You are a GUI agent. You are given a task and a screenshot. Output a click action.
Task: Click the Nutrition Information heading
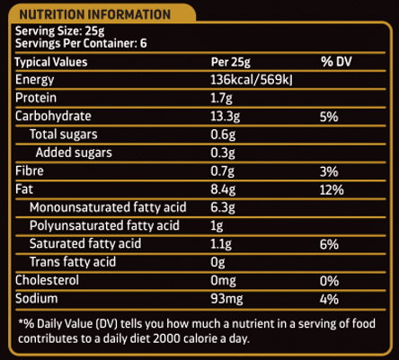(94, 14)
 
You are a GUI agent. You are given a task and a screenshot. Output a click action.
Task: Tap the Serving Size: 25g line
(60, 31)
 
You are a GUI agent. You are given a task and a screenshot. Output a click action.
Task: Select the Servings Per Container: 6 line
(81, 43)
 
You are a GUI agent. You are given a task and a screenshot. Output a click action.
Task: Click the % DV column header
(336, 62)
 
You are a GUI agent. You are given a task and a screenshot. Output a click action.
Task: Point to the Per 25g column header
(231, 62)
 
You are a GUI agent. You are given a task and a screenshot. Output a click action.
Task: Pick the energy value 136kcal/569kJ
(252, 80)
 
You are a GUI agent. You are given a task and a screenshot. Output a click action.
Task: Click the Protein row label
(36, 98)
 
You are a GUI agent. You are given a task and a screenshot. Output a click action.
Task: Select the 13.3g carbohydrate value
(226, 117)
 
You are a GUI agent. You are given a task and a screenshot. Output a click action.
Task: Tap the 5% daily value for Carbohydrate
(329, 117)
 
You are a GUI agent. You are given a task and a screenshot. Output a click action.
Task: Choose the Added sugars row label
(74, 153)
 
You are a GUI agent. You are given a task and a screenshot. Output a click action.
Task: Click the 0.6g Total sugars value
(223, 135)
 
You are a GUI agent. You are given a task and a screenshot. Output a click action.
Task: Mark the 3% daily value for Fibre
(329, 171)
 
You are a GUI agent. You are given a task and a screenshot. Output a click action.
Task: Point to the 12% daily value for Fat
(332, 190)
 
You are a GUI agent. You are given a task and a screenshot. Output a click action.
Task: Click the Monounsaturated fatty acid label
(108, 207)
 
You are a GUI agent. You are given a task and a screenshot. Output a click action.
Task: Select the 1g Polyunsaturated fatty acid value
(217, 226)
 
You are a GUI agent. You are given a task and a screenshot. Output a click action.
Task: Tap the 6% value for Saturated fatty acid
(329, 245)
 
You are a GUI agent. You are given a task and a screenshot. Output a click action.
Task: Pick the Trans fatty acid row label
(73, 262)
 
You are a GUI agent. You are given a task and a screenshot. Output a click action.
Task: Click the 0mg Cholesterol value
(223, 281)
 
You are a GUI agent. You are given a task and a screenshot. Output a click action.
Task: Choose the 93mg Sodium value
(226, 299)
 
